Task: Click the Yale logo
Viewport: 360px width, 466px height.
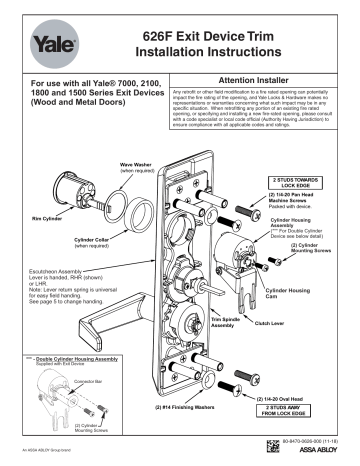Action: [51, 42]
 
